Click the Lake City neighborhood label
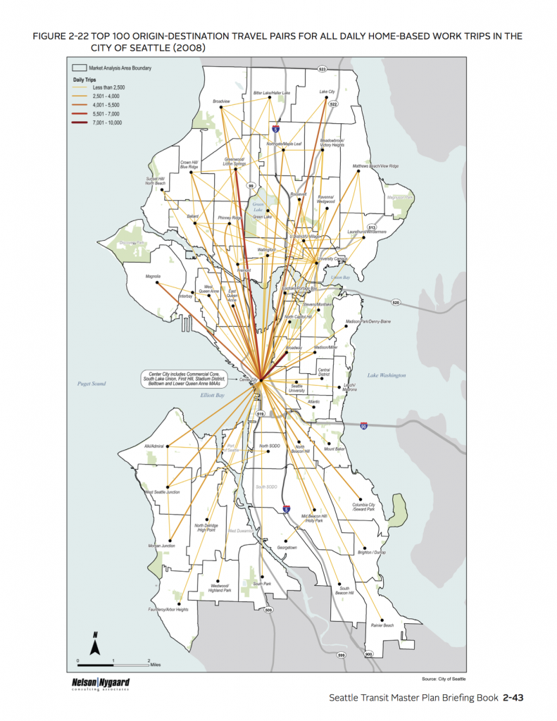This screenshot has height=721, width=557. [x=327, y=92]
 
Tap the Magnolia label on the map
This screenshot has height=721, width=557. [x=153, y=276]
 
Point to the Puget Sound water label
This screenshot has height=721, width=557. [x=92, y=384]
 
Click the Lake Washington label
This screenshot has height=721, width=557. [x=387, y=375]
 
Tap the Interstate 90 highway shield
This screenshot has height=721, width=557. [x=363, y=427]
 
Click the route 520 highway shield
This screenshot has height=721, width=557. [x=396, y=303]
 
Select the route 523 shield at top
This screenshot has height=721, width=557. [x=323, y=70]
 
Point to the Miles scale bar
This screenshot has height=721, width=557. [x=113, y=663]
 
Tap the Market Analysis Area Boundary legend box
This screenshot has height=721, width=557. [x=80, y=68]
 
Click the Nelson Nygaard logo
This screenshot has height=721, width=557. [x=101, y=684]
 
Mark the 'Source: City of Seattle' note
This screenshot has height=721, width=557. [x=444, y=678]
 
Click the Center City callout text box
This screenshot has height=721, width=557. [x=180, y=378]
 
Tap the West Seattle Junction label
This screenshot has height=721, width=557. [x=161, y=493]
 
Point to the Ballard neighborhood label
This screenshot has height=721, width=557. [x=194, y=216]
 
